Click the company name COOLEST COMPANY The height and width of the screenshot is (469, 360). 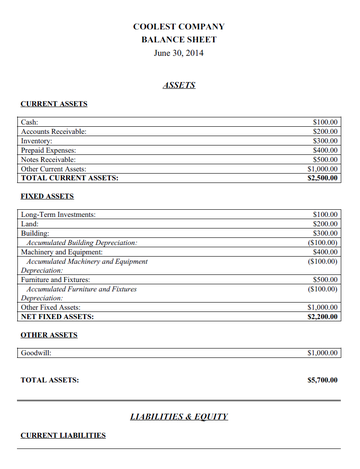(179, 27)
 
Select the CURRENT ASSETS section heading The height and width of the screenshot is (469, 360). (54, 104)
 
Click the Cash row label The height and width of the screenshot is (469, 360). (30, 121)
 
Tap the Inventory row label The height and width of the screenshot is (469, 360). (37, 141)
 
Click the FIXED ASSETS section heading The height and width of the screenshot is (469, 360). (47, 197)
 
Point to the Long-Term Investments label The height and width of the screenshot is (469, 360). (58, 214)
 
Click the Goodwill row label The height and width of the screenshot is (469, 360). (36, 353)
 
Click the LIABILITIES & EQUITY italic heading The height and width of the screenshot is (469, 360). (179, 415)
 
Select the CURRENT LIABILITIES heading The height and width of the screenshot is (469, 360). (63, 436)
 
